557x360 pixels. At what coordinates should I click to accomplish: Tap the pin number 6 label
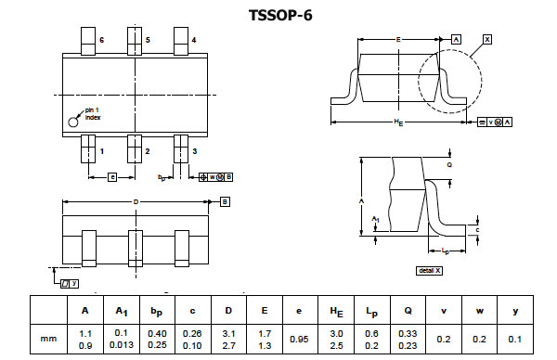coord(101,41)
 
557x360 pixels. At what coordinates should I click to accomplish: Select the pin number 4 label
coord(193,41)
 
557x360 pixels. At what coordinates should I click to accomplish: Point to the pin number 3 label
coord(193,150)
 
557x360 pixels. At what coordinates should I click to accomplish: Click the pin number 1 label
coord(101,150)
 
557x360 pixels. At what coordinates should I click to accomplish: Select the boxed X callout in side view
coord(486,39)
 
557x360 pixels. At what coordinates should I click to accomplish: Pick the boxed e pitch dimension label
coord(111,175)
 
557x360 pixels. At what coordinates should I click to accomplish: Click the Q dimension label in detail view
coord(449,163)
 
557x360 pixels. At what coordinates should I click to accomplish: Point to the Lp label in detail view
coord(446,251)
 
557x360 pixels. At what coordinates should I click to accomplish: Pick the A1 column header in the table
coord(121,311)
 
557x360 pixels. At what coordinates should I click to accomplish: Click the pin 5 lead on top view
coord(136,41)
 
